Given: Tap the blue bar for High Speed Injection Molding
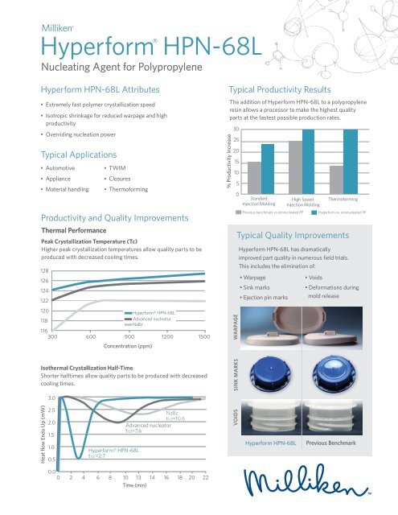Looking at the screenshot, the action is (x=308, y=162).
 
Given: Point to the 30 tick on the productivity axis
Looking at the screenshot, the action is (x=236, y=129).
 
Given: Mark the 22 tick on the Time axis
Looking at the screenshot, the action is (x=206, y=500).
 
